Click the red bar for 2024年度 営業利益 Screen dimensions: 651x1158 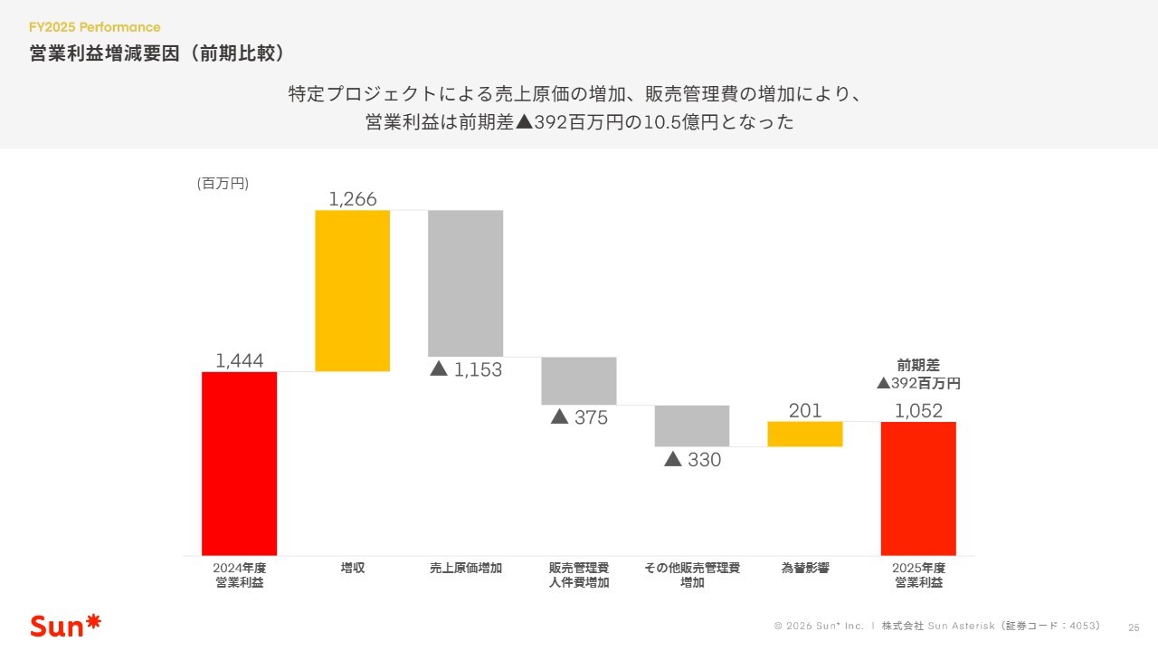[239, 463]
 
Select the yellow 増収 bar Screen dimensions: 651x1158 [352, 291]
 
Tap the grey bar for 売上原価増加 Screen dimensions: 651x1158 [465, 282]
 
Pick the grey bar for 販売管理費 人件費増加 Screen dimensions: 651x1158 [578, 380]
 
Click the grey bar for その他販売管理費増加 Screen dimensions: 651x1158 [691, 426]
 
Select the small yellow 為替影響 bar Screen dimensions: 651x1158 [804, 434]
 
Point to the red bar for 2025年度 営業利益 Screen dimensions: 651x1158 [918, 488]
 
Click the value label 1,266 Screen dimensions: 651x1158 [353, 199]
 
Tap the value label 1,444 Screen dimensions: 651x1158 [240, 361]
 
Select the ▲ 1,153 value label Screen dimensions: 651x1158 [465, 369]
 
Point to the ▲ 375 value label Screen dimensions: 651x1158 [579, 417]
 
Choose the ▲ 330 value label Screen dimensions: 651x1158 [692, 460]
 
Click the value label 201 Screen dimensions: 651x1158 [805, 410]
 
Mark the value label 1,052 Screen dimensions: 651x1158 [918, 410]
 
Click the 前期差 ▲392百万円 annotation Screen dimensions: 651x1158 [918, 374]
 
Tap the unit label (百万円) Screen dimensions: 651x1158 [223, 183]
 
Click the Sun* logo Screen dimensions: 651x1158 [66, 625]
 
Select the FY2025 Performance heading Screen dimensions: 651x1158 [95, 27]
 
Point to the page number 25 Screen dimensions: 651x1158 [1134, 627]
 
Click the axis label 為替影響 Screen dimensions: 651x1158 [805, 569]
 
